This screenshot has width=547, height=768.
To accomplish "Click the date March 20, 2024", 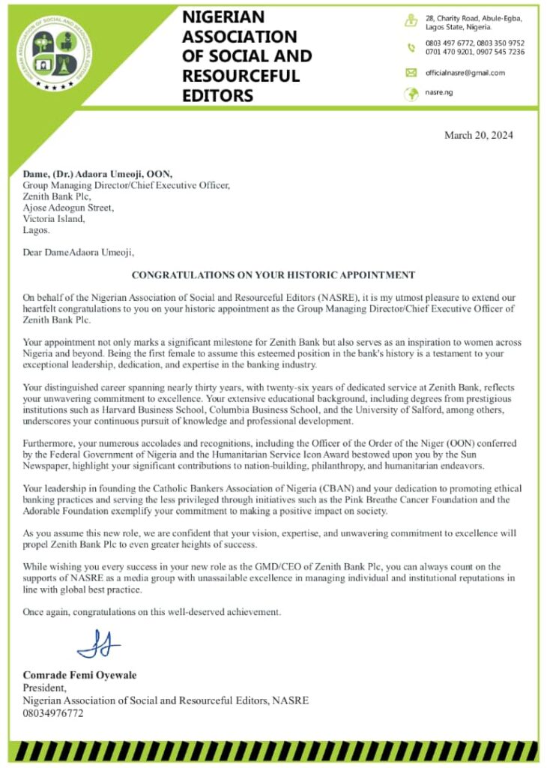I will coord(478,136).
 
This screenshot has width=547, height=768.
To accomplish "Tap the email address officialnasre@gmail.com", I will coord(465,73).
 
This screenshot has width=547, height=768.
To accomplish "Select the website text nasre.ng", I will coord(439,93).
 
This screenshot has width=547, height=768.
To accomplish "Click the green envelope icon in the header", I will coord(411,73).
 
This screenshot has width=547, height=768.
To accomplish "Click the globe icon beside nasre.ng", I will coord(411,94).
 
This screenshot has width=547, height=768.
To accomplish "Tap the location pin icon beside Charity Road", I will coord(411,21).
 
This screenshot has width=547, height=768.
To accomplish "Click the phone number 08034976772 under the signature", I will coord(53,713).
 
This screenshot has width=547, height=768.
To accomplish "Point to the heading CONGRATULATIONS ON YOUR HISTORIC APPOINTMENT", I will coord(273,275).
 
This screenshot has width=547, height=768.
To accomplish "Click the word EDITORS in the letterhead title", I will coord(218,95).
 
